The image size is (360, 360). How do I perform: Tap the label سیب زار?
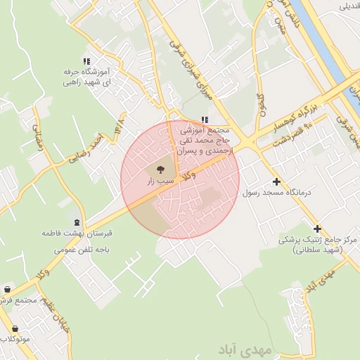(x=159, y=181)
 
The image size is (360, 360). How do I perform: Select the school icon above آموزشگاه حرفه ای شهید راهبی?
(x=87, y=61)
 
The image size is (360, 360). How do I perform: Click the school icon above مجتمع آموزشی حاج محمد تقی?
(x=205, y=120)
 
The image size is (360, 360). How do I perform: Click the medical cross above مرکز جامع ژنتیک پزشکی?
(x=318, y=229)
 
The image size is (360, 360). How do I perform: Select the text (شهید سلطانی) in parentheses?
(x=315, y=250)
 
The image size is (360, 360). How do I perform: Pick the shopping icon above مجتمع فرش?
(x=7, y=289)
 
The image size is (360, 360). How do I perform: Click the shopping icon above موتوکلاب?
(x=14, y=328)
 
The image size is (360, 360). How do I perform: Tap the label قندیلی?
(x=349, y=6)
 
